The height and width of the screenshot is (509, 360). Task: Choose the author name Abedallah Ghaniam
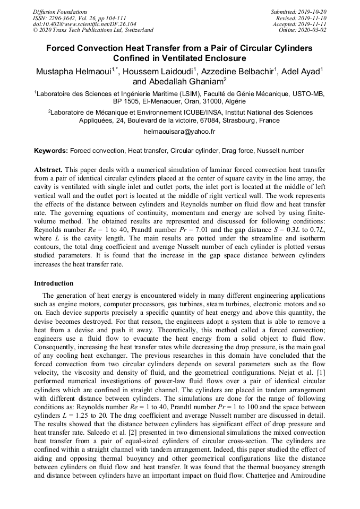coord(185,82)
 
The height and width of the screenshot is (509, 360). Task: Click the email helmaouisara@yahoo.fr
coord(179,131)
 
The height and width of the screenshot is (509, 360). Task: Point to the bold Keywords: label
coord(51,151)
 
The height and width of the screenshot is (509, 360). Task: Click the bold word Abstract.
coord(48,169)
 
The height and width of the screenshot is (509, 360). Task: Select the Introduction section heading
coord(54,283)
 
